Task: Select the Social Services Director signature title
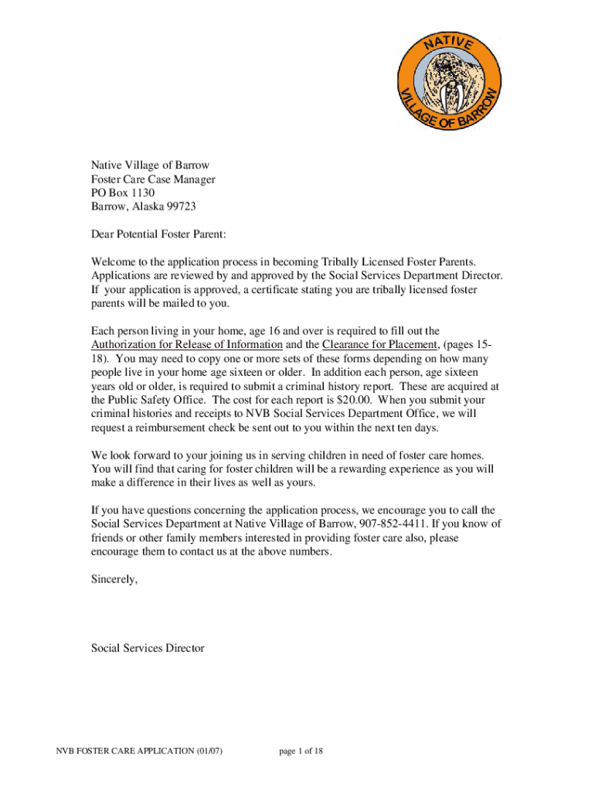[x=148, y=648]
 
